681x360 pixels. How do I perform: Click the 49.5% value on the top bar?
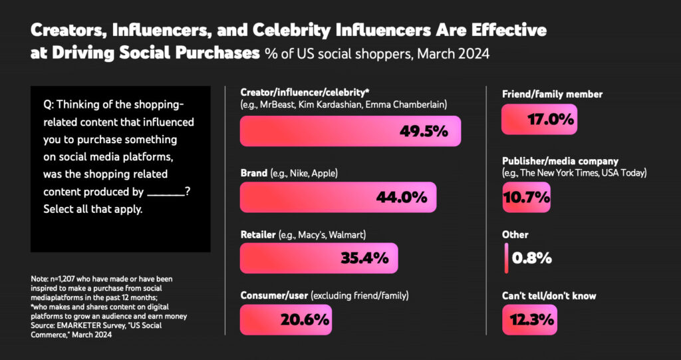[423, 132]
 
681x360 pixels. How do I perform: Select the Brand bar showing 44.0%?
[338, 198]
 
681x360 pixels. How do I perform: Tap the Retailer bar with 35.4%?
[319, 258]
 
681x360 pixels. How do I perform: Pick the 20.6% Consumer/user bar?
[286, 319]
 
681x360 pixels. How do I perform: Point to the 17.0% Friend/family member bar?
[539, 120]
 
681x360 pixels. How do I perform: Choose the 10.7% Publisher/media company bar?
[526, 197]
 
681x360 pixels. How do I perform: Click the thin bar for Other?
[506, 258]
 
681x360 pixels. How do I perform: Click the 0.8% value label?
[532, 258]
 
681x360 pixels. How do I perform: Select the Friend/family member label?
[552, 94]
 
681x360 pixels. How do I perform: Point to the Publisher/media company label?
[560, 161]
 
